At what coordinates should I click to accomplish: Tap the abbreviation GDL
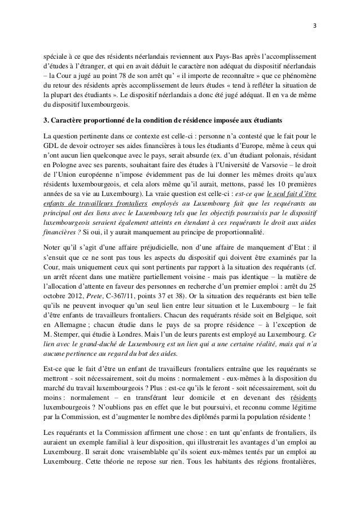(x=52, y=146)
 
